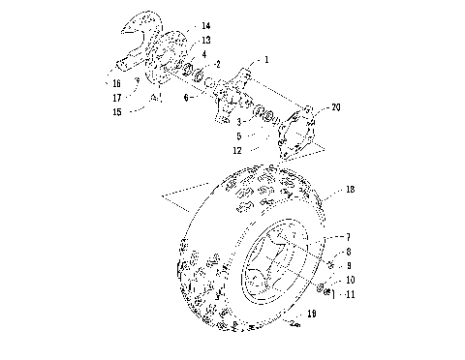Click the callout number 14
[204, 24]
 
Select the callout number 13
[204, 40]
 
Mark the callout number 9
[350, 265]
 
